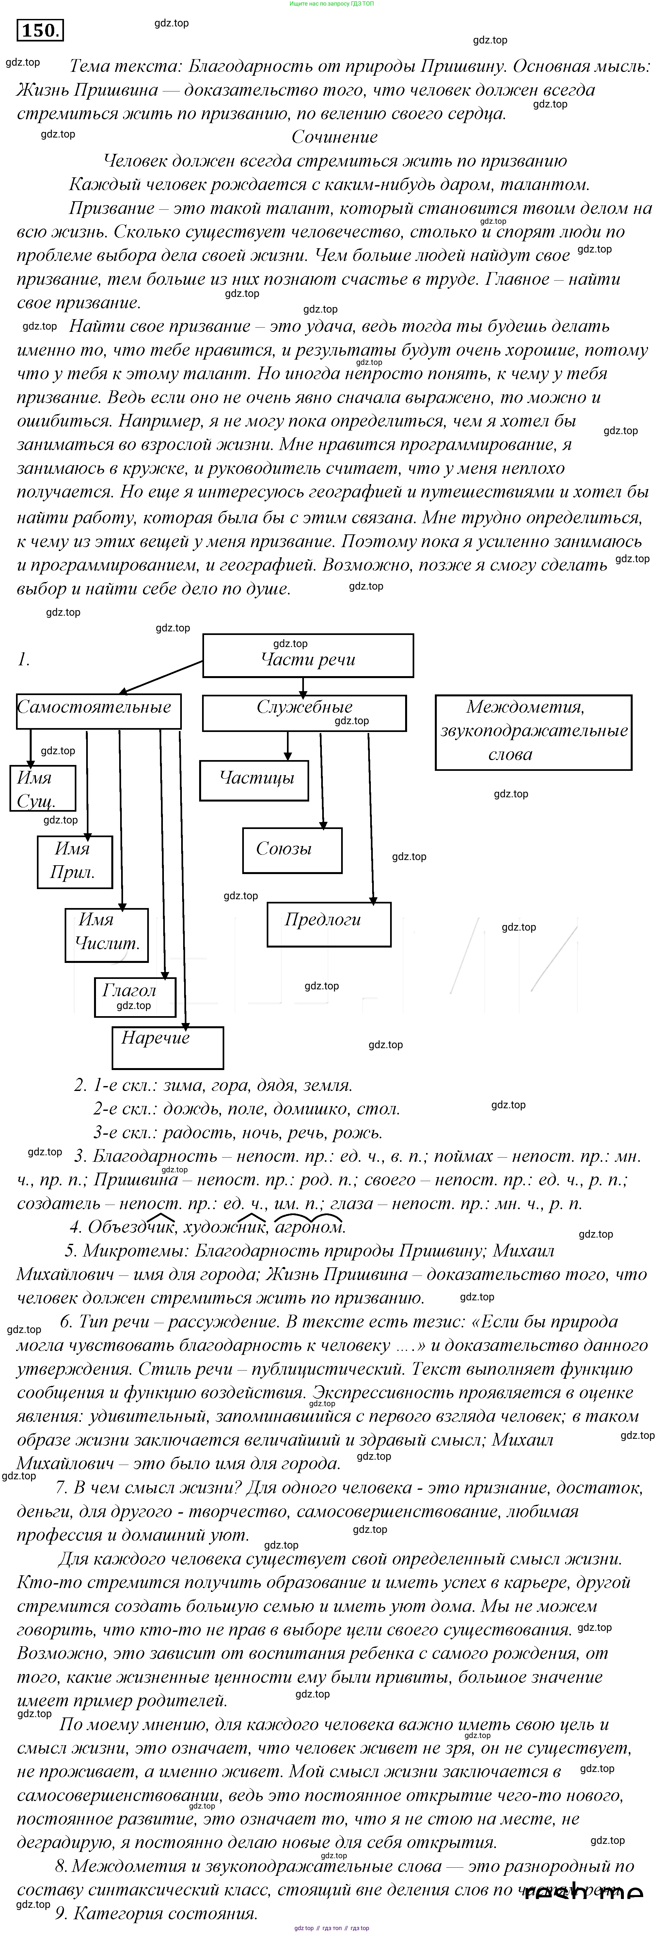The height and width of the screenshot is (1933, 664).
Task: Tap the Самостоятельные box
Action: point(98,711)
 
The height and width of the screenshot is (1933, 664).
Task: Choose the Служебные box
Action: point(304,712)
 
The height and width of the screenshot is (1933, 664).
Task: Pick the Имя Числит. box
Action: point(106,934)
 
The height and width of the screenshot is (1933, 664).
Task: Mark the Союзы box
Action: point(292,850)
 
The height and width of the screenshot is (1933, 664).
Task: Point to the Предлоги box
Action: point(329,923)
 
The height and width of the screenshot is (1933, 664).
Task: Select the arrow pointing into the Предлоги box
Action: point(371,818)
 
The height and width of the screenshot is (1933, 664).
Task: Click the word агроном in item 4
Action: point(309,1227)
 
